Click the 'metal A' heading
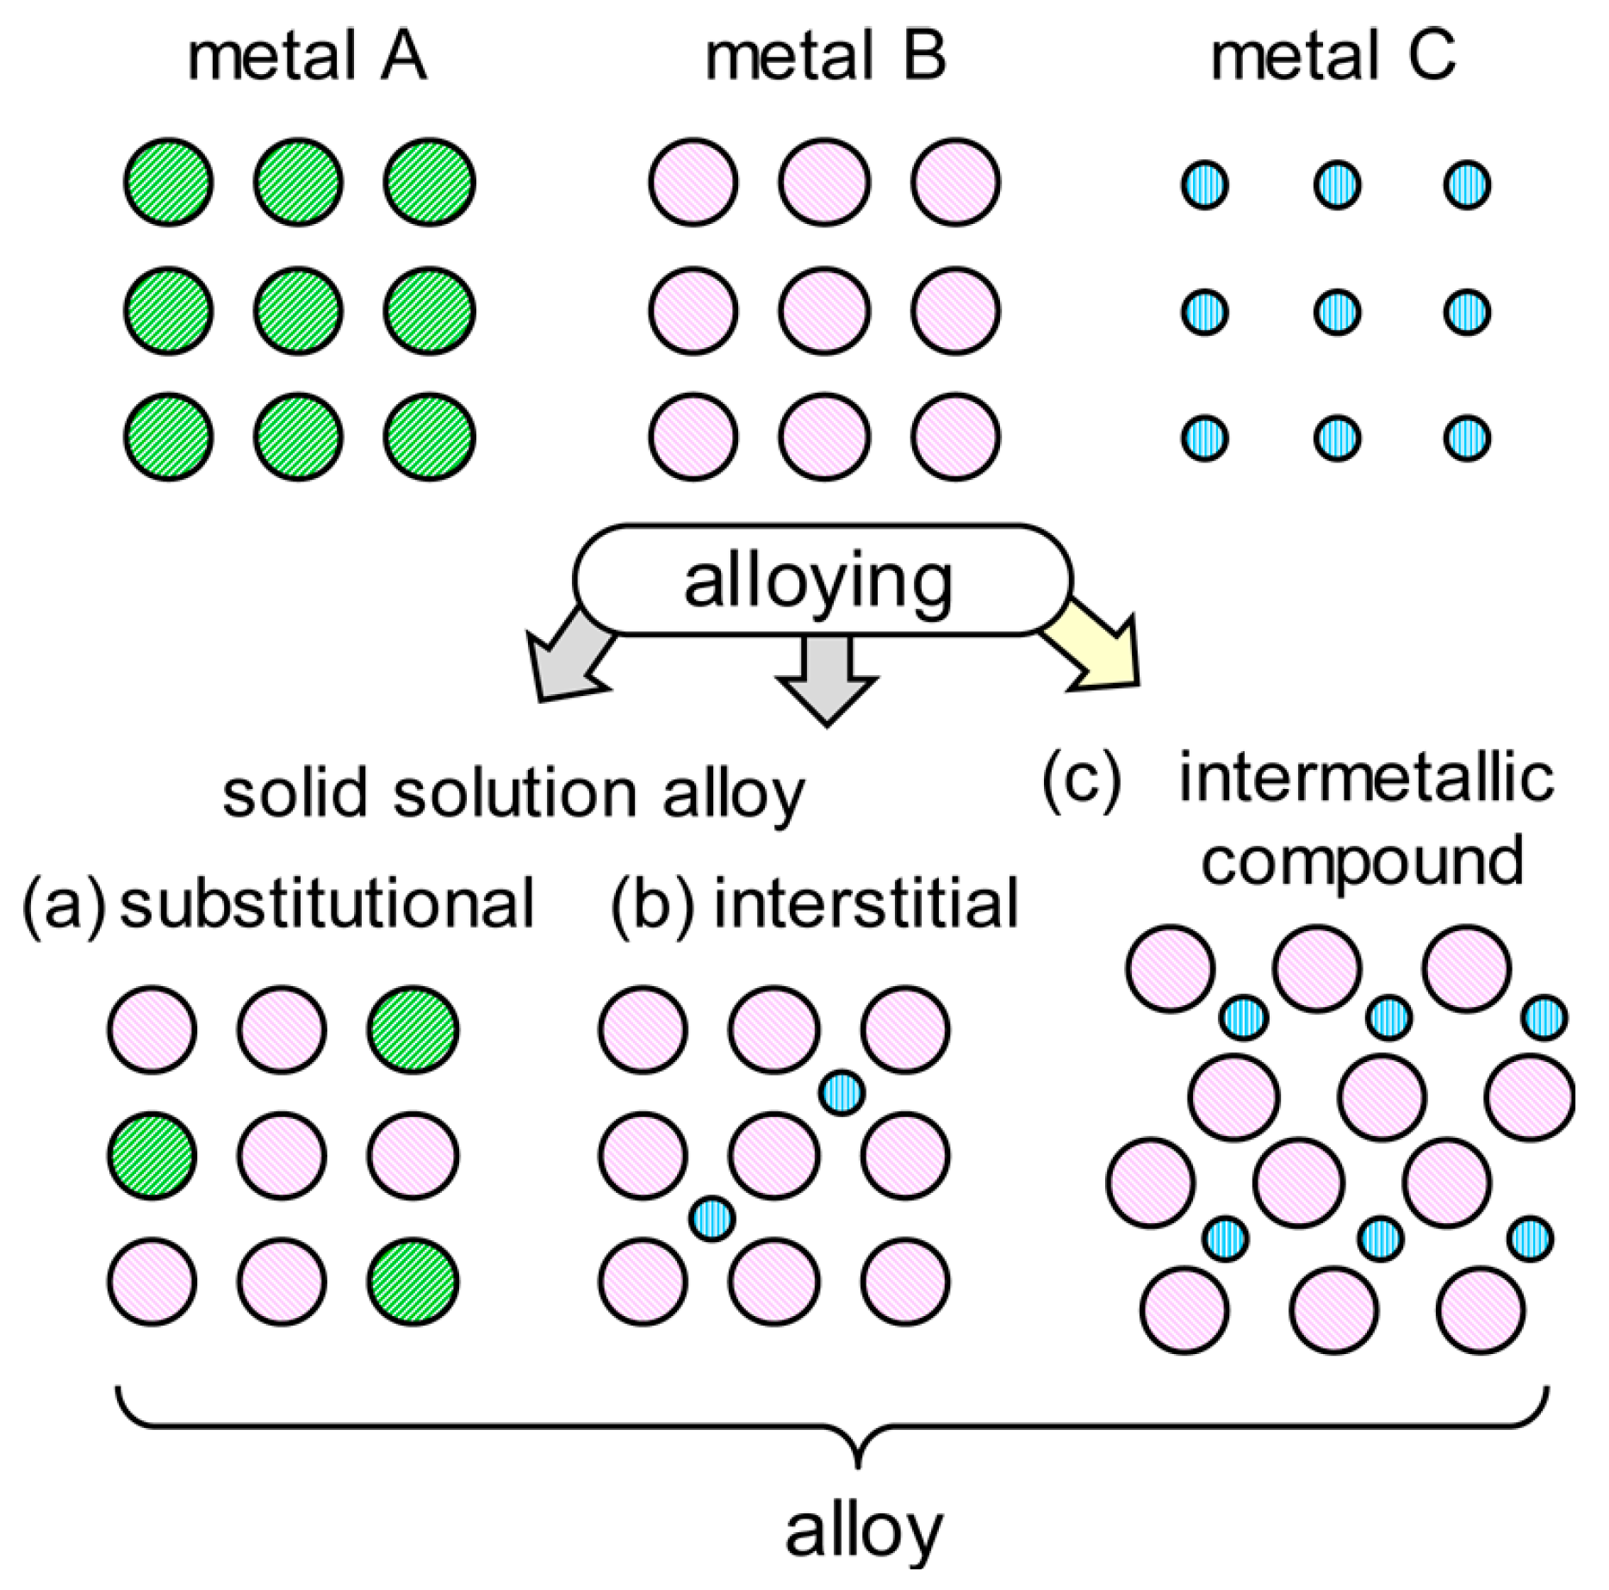(307, 57)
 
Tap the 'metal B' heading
(825, 57)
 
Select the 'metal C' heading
(1333, 57)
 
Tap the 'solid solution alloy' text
(513, 793)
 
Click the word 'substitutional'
(327, 904)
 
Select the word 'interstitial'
(866, 904)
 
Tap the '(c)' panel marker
(1081, 780)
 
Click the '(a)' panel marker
(63, 904)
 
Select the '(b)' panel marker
(651, 904)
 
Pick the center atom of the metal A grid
(298, 311)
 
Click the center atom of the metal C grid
(1337, 312)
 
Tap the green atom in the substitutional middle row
(152, 1156)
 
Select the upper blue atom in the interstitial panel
(841, 1093)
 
